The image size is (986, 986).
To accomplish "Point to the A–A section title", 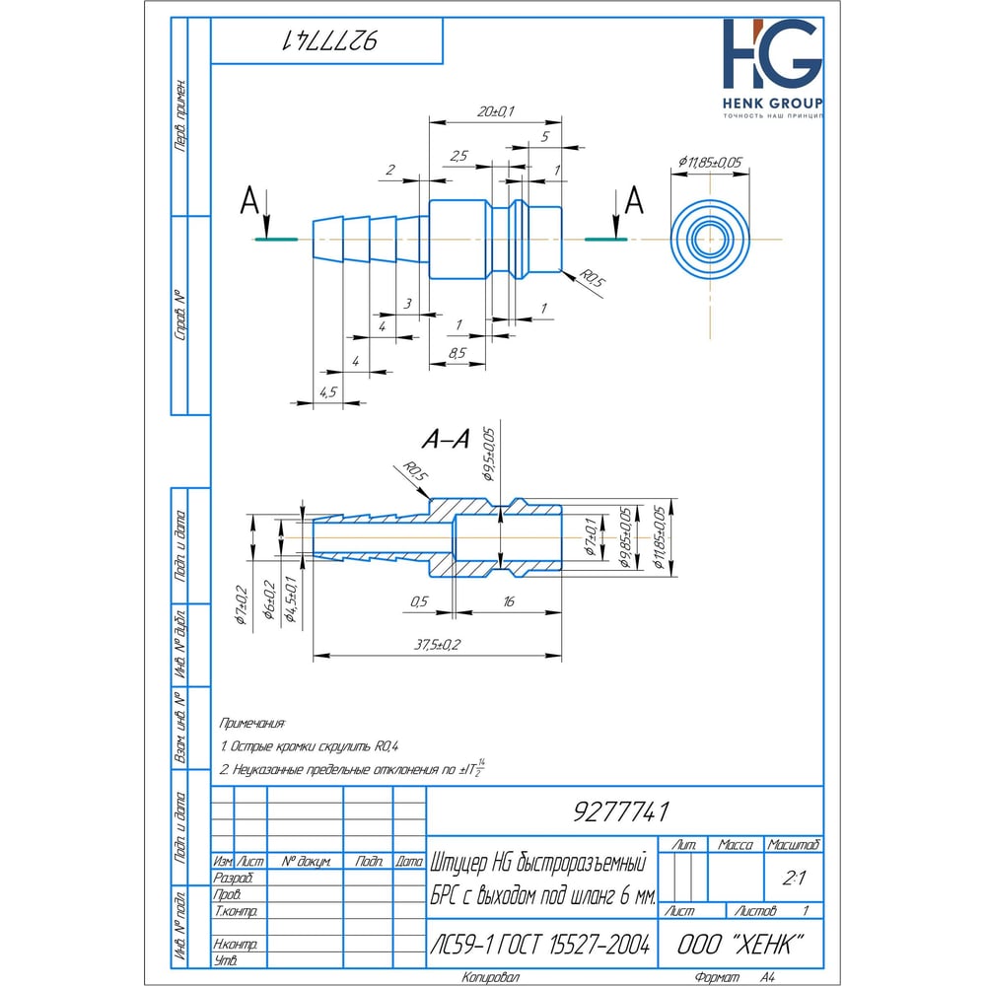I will coord(444,441).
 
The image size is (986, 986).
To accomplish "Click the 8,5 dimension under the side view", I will coord(457,352).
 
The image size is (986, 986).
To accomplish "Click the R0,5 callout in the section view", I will coord(416,473).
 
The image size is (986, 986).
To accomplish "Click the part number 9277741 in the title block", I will coord(621,812).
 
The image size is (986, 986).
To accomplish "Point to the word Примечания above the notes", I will coord(253,723).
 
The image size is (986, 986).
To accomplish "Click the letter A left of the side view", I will coord(250,203).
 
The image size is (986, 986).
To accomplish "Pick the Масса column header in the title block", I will coord(736,845).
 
